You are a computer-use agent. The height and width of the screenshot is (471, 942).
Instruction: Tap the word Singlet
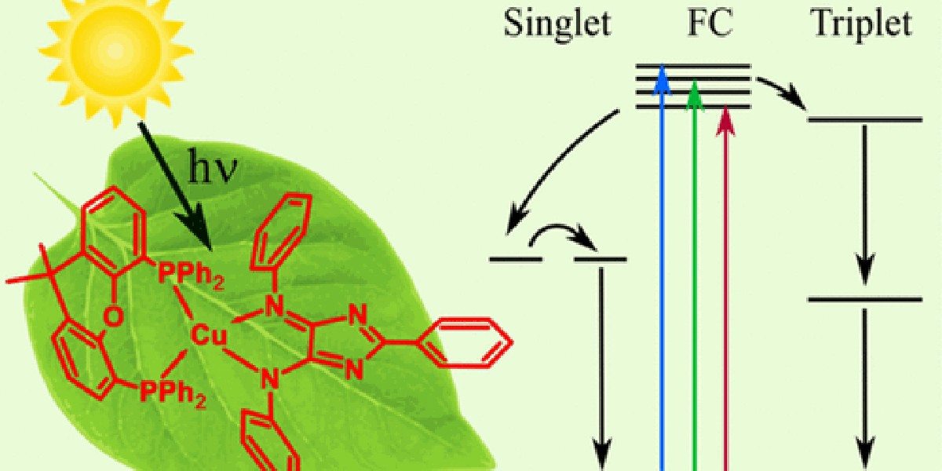(x=557, y=25)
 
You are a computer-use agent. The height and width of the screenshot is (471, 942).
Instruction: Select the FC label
(x=708, y=25)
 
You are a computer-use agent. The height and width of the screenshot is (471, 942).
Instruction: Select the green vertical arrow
(x=694, y=275)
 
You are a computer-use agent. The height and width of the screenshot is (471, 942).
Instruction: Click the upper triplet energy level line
(x=864, y=120)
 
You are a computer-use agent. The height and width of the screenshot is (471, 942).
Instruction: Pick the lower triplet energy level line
(x=864, y=299)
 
